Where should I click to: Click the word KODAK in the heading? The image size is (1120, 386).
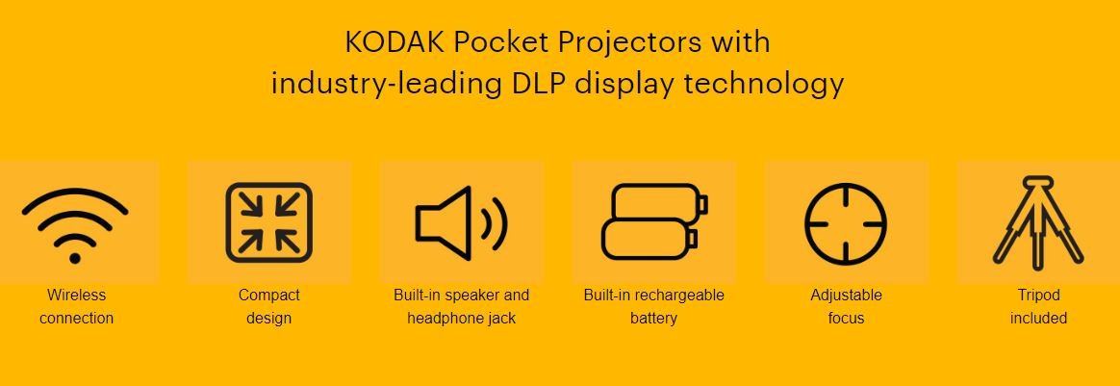395,42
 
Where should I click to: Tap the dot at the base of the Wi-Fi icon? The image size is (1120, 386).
75,258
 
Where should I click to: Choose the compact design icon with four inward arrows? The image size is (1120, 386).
269,222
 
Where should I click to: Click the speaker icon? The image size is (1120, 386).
462,223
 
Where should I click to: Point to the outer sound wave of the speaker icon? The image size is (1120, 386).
497,223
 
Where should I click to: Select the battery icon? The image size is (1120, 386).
654,221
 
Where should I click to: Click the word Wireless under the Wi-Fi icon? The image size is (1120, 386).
76,296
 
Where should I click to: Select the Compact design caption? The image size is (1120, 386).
269,307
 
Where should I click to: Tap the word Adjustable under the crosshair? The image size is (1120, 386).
847,296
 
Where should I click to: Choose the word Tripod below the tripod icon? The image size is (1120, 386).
1038,296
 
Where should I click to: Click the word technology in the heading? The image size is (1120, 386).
764,85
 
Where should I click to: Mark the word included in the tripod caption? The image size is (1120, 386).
1038,318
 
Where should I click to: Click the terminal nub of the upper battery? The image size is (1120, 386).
702,204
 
